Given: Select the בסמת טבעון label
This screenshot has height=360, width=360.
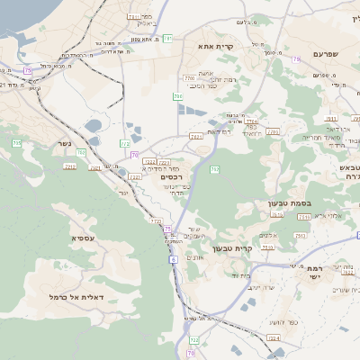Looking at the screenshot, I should tap(290, 203).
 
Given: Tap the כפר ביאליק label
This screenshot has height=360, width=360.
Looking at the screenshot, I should tap(146, 21).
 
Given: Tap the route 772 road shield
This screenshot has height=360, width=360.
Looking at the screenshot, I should tap(125, 143).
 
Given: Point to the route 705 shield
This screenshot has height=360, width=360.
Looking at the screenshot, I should tap(16, 143).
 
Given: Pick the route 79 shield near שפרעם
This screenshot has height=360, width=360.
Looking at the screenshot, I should tap(295, 59).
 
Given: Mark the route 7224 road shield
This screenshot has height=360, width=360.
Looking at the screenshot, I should tap(274, 338).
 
